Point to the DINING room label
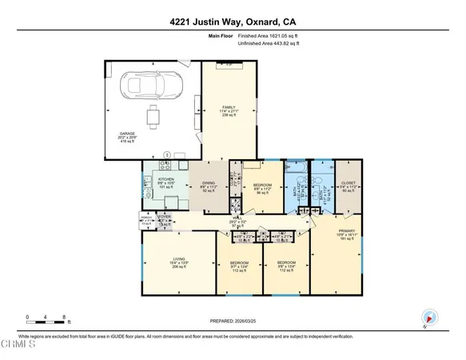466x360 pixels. pos(208,183)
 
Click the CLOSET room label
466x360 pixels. pos(348,183)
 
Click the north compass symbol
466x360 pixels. pos(430,317)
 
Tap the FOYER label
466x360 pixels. pos(165,217)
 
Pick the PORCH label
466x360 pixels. pos(146,217)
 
